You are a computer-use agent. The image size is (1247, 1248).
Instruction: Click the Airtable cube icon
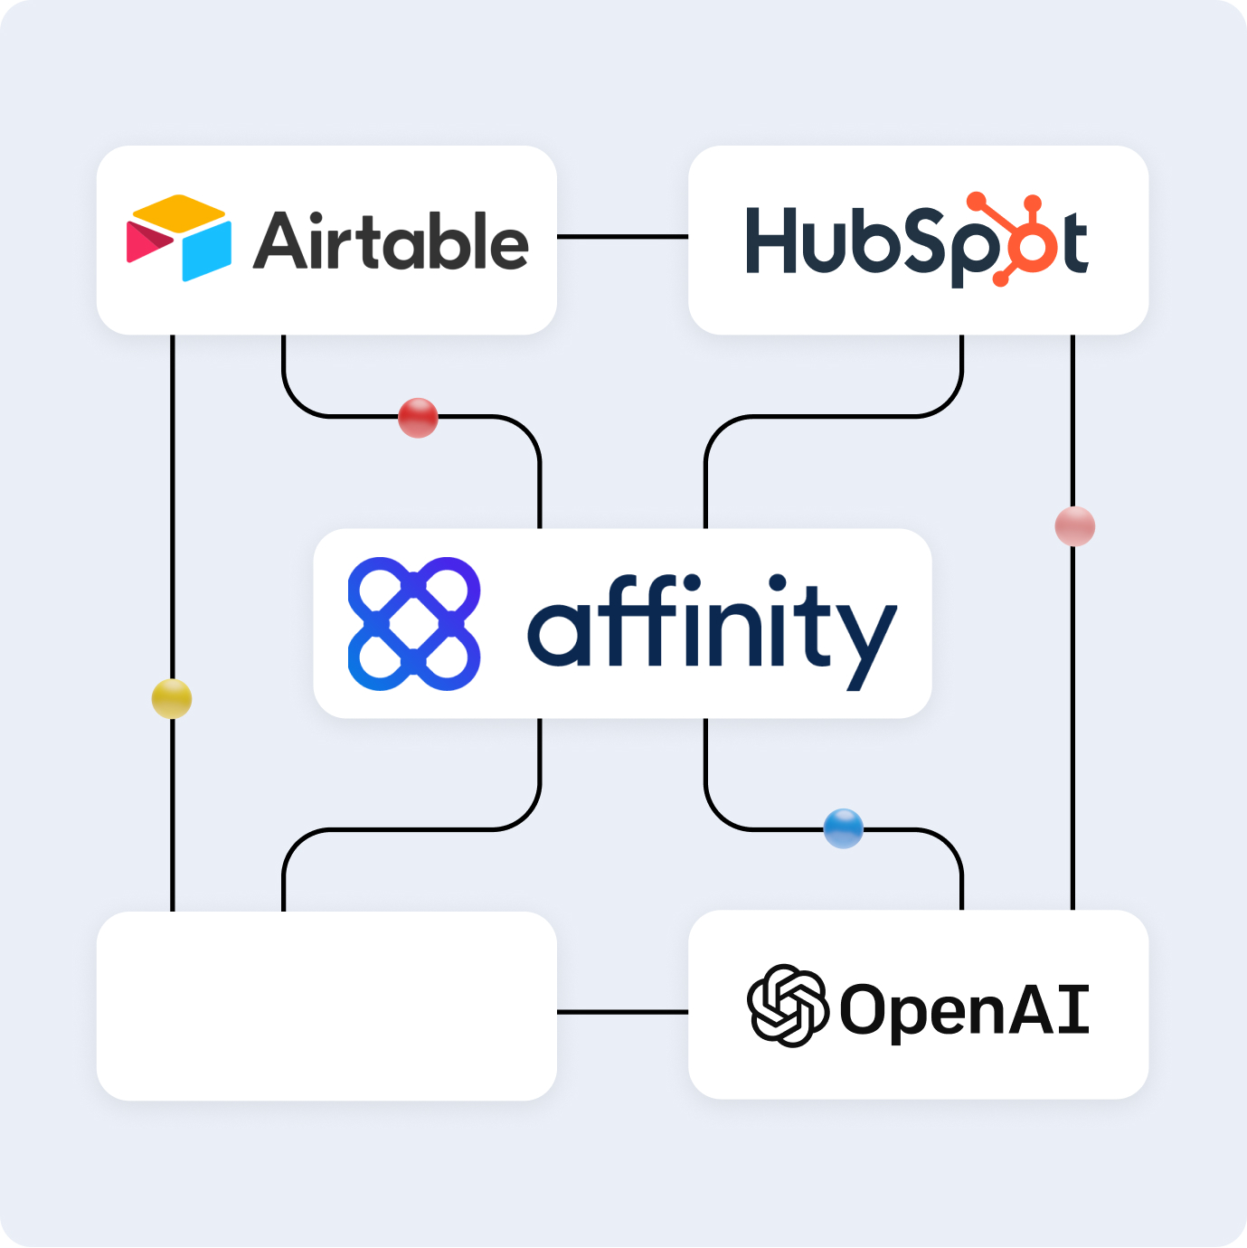[x=179, y=239]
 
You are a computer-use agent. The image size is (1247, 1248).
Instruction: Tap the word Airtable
[x=391, y=241]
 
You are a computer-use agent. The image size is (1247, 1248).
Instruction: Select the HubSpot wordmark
[x=915, y=241]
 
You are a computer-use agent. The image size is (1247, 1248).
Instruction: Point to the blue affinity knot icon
[x=414, y=624]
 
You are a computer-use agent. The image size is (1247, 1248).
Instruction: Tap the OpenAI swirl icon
[x=787, y=1006]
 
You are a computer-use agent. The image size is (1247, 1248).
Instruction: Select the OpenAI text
[x=964, y=1009]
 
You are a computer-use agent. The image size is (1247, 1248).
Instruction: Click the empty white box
[x=326, y=1006]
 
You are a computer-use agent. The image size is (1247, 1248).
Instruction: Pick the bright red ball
[x=418, y=418]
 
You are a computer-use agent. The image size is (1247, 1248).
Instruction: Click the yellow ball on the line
[x=172, y=699]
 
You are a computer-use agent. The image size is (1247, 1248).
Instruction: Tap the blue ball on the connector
[x=843, y=828]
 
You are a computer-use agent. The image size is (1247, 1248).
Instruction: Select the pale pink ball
[x=1074, y=526]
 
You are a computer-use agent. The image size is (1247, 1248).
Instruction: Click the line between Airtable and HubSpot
[x=622, y=237]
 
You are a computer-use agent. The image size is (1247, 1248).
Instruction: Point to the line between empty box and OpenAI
[x=622, y=1012]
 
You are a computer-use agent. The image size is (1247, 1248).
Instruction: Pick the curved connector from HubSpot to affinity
[x=832, y=417]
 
